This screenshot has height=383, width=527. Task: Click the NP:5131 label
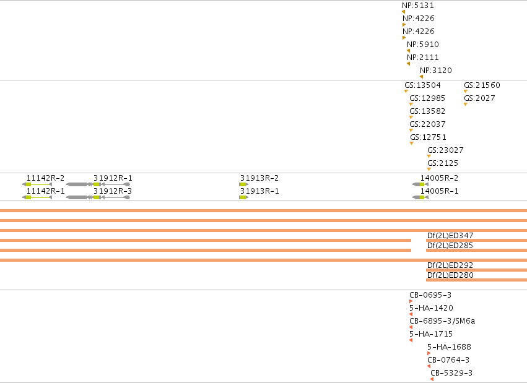pos(418,6)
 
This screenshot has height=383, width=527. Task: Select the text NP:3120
pos(435,71)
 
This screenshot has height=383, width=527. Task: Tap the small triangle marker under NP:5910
pos(408,51)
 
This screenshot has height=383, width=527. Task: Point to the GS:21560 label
pos(482,85)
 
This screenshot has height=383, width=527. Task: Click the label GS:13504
pos(422,85)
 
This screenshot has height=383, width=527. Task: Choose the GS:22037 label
pos(427,124)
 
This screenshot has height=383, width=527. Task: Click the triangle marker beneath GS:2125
pos(429,169)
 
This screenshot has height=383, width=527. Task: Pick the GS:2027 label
pos(479,98)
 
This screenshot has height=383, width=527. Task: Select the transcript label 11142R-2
pos(45,178)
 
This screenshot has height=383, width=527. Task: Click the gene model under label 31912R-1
pos(98,184)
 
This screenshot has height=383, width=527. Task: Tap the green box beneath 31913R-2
pos(243,184)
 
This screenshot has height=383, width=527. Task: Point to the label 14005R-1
pos(439,191)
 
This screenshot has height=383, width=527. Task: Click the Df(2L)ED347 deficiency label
pos(450,236)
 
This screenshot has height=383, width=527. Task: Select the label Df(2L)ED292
pos(450,265)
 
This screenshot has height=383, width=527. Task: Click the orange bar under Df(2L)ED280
pos(477,280)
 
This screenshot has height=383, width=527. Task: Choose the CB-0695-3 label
pos(430,295)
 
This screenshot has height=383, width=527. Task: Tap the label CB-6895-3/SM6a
pos(442,321)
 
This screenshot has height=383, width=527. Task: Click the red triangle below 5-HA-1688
pos(429,353)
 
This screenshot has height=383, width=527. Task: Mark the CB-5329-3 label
pos(451,373)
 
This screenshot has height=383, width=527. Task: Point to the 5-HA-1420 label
pos(431,308)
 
